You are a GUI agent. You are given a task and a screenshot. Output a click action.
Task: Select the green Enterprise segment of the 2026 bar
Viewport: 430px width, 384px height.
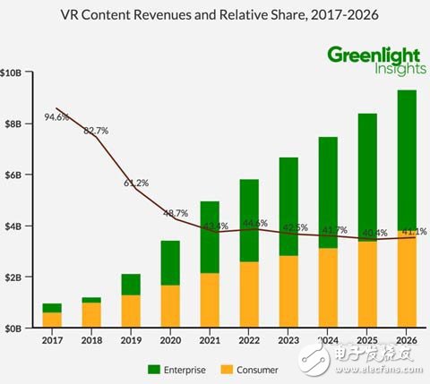(x=406, y=161)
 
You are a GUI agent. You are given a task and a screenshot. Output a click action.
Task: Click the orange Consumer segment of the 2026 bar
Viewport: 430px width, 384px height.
(x=406, y=279)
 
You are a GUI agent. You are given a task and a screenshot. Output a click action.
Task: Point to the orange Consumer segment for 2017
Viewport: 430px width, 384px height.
(x=53, y=320)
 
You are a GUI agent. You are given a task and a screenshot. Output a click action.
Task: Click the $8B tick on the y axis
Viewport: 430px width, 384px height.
(x=13, y=124)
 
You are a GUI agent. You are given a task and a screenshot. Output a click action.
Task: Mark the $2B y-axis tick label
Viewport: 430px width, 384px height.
(x=13, y=277)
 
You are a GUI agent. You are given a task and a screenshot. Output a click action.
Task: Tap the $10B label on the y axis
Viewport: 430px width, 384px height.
(x=12, y=72)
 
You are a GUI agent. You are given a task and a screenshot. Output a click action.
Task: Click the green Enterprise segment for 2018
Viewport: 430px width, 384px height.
(x=91, y=300)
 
